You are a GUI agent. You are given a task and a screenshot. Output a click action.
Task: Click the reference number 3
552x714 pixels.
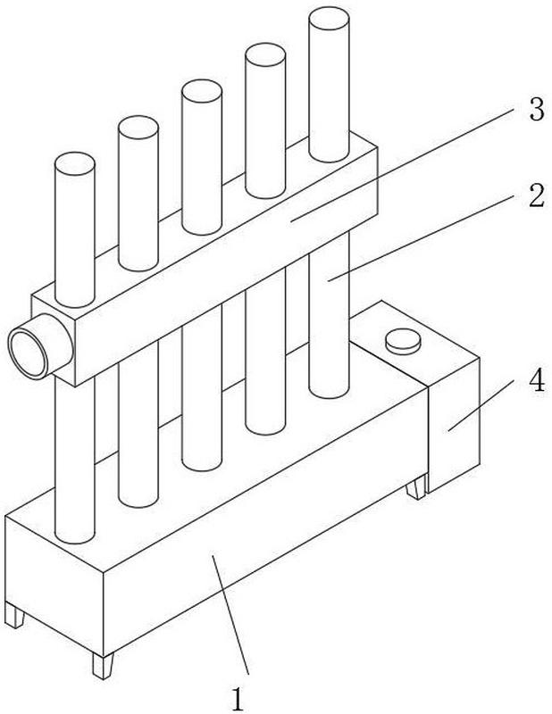(x=537, y=110)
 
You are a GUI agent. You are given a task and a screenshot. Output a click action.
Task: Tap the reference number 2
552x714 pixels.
(x=537, y=196)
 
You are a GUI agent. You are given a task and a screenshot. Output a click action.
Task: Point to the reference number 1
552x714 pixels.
(x=238, y=699)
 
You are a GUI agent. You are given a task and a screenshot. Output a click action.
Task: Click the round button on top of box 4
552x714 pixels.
(x=403, y=342)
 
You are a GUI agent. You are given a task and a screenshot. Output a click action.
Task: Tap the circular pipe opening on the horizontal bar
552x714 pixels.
(x=29, y=352)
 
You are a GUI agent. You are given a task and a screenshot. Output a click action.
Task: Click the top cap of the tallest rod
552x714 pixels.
(x=329, y=18)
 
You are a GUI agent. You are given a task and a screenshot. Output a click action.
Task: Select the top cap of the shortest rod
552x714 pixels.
(x=75, y=164)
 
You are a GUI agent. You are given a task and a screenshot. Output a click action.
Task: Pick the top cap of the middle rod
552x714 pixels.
(x=202, y=91)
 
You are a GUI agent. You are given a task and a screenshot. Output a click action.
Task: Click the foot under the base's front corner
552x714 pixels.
(x=103, y=666)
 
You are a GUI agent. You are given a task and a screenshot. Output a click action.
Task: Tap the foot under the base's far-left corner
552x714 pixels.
(x=14, y=615)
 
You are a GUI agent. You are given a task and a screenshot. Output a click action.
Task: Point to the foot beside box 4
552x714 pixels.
(x=415, y=487)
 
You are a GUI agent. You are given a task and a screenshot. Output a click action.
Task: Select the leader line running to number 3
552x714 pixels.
(x=405, y=164)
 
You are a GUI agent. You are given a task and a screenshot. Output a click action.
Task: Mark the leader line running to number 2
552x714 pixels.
(x=422, y=237)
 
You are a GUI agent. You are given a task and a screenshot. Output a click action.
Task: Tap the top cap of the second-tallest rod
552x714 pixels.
(x=265, y=54)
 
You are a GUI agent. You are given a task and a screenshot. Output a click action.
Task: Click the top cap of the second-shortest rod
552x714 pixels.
(x=138, y=128)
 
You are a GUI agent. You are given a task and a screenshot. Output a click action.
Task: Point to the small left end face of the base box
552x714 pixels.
(x=54, y=586)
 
